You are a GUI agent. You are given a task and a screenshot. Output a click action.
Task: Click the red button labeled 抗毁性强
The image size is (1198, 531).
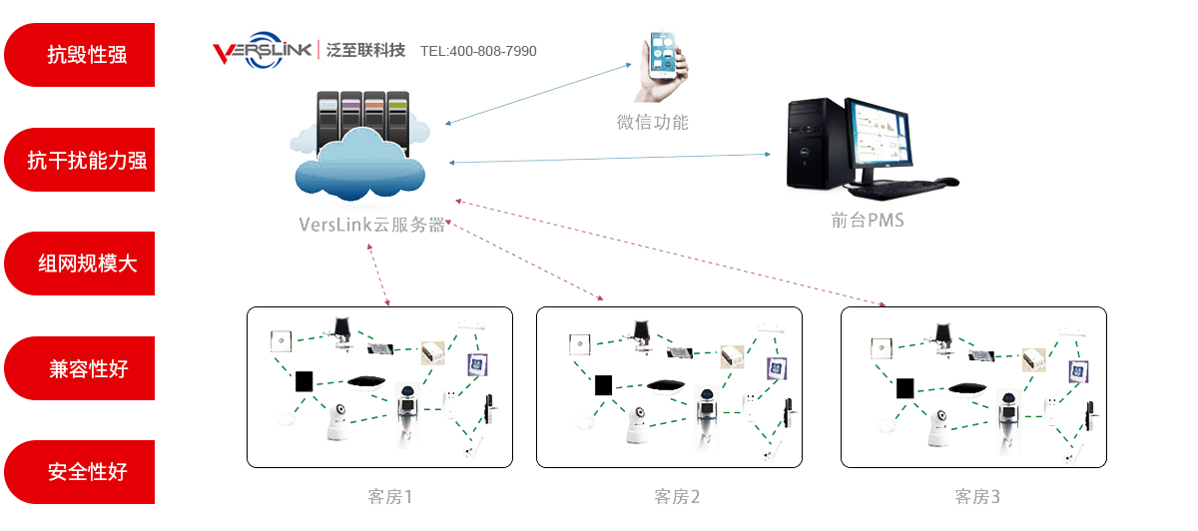click(x=80, y=55)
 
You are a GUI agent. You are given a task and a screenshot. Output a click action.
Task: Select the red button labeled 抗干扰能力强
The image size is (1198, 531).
click(x=80, y=160)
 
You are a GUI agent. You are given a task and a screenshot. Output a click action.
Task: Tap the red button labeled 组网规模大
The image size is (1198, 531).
click(x=80, y=264)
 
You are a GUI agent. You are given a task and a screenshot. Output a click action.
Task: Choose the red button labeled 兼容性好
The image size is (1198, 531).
click(x=80, y=368)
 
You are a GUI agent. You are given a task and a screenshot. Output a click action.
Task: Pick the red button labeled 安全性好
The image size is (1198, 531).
click(x=80, y=472)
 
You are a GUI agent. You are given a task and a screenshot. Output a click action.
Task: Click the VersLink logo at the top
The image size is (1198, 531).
click(x=262, y=51)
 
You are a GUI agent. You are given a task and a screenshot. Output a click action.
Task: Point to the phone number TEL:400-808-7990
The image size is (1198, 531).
click(x=478, y=51)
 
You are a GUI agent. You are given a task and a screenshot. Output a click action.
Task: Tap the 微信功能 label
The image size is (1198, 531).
click(x=653, y=123)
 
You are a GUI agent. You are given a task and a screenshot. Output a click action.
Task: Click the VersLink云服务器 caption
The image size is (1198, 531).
click(x=371, y=225)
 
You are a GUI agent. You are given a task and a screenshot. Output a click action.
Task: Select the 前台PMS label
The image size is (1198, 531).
click(x=867, y=221)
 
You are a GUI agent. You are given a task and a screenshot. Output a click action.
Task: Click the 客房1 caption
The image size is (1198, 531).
click(x=389, y=496)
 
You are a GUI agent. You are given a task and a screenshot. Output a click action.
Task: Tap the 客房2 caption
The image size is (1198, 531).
click(x=678, y=496)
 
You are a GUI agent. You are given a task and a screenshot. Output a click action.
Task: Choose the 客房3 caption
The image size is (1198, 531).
click(x=977, y=496)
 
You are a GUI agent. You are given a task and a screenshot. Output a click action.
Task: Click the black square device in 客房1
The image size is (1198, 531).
click(x=304, y=380)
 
